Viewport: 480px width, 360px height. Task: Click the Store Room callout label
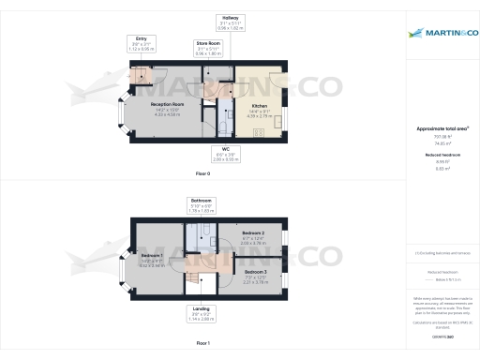coord(208,49)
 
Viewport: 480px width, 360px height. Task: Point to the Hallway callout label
coord(230,23)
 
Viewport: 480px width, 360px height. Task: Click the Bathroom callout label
coord(202,205)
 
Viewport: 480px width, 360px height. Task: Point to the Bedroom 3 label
coord(256,274)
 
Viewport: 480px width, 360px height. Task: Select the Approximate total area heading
coord(443,128)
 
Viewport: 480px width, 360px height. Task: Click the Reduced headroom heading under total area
coord(443,152)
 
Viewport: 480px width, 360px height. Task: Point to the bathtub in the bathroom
coord(194,241)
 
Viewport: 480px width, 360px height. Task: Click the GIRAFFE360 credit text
coord(443,335)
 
